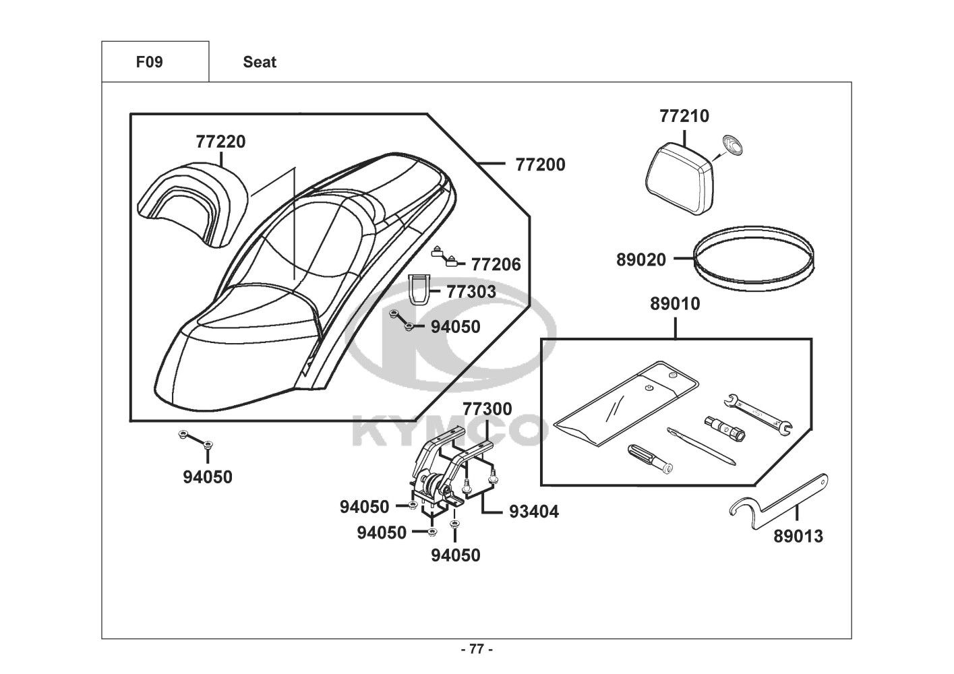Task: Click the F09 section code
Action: (149, 62)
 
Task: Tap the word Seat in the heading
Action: (260, 62)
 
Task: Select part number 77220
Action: (220, 142)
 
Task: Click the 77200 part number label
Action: (540, 164)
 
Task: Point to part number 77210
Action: (684, 116)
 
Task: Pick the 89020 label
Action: (641, 259)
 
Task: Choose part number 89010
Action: (675, 304)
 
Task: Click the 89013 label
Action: (798, 537)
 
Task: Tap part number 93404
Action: (534, 512)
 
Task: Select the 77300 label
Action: (487, 409)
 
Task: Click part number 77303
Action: (471, 292)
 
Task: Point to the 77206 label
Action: (496, 265)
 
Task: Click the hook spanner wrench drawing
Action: (779, 501)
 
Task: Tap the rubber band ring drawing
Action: (753, 259)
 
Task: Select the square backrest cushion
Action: (680, 179)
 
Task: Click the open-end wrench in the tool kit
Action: (758, 415)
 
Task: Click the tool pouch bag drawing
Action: (626, 404)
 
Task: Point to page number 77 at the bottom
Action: (477, 649)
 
